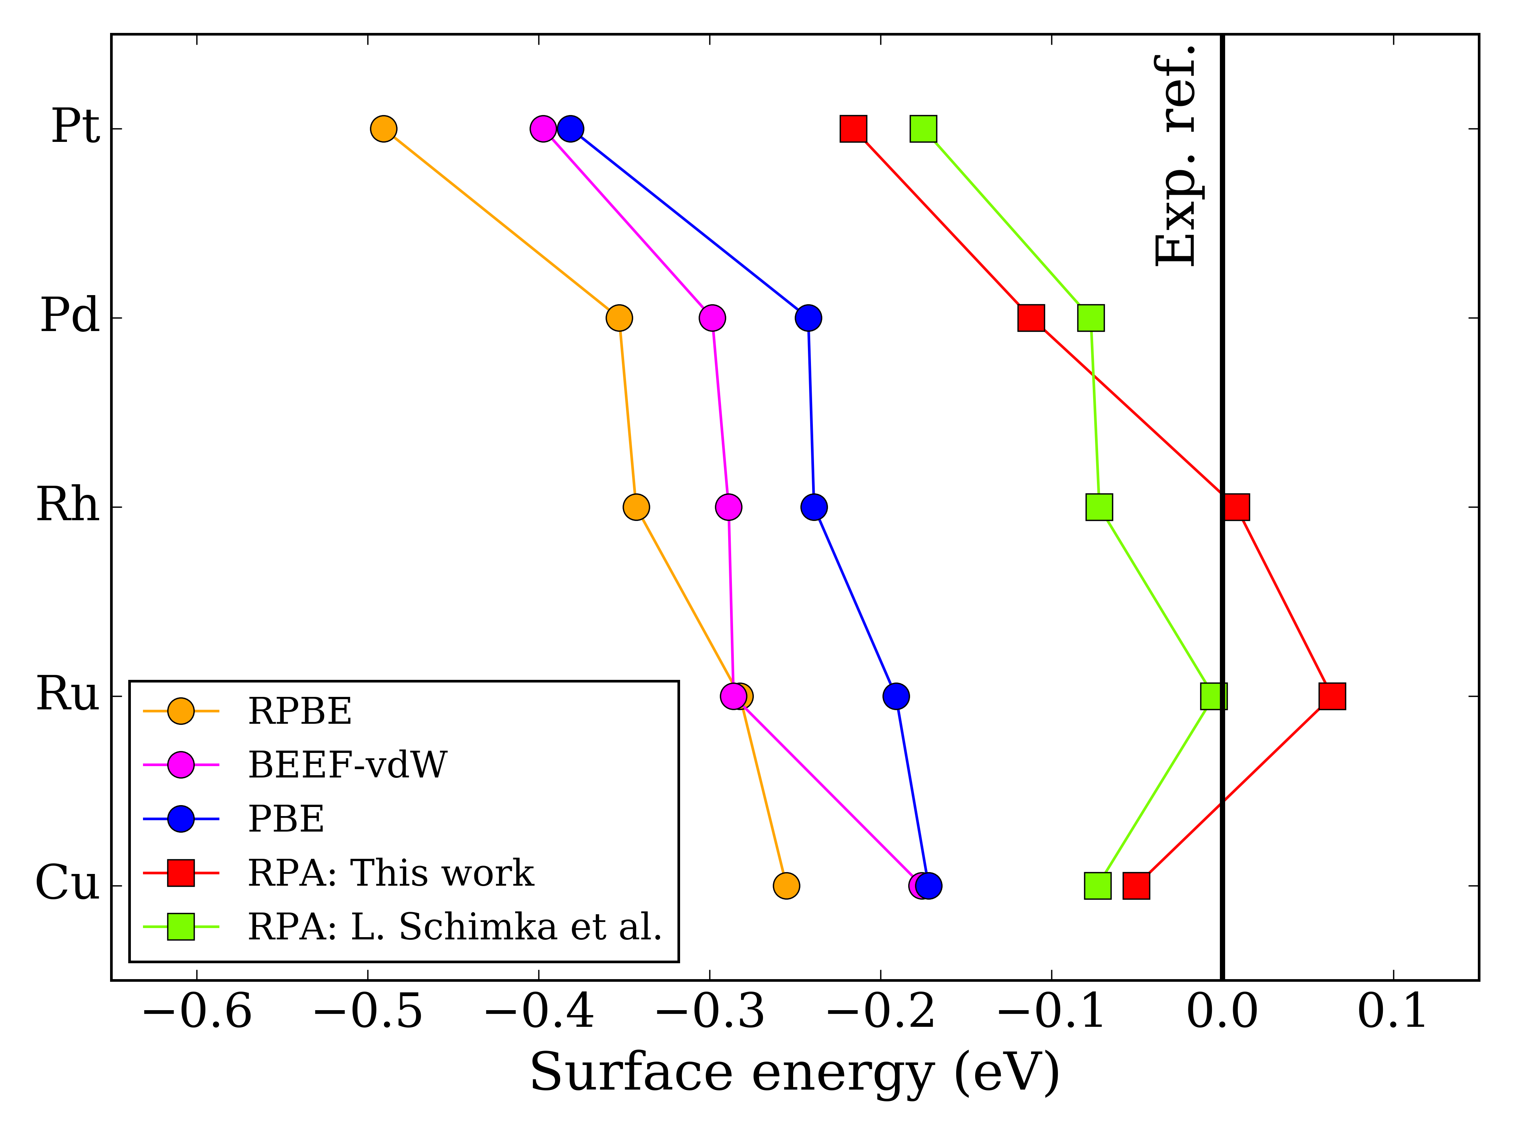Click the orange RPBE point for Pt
click(x=384, y=129)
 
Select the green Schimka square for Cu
click(x=1098, y=885)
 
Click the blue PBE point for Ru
click(x=896, y=697)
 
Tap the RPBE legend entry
click(x=300, y=712)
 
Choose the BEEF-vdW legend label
click(x=347, y=765)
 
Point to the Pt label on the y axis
click(x=75, y=127)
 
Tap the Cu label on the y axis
click(x=67, y=883)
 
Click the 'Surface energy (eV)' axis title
click(x=795, y=1073)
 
